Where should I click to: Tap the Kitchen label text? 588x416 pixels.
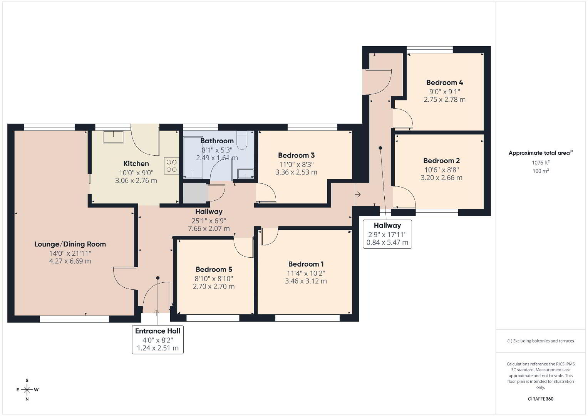(136, 164)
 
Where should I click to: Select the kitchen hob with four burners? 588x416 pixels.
(171, 166)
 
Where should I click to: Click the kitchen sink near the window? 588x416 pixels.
(113, 137)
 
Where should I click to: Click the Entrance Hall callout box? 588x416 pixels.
(157, 340)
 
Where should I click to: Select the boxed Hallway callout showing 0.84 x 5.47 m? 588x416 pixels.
(387, 234)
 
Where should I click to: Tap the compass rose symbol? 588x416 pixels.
(27, 390)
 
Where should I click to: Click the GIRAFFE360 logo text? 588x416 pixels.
(541, 399)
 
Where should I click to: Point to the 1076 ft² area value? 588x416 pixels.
(541, 163)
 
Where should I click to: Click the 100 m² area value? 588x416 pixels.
(541, 171)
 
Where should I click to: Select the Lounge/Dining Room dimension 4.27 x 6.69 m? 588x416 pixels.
(70, 261)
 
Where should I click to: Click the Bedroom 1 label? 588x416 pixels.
(306, 264)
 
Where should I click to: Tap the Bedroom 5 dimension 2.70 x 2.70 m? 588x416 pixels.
(214, 286)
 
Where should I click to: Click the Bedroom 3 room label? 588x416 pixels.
(297, 155)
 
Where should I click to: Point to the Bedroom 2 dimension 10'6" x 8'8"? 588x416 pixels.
(442, 169)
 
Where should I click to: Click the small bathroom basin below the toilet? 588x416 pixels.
(245, 174)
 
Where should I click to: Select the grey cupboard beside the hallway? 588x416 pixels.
(196, 193)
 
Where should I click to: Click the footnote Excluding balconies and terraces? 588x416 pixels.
(541, 341)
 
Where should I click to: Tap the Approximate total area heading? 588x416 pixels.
(541, 153)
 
